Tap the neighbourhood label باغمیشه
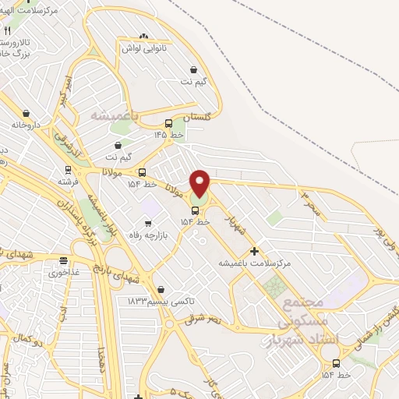click(113, 115)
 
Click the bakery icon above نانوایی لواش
click(143, 37)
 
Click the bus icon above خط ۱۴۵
click(168, 123)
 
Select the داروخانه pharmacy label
click(26, 124)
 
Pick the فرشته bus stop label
click(68, 181)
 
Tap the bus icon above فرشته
click(68, 169)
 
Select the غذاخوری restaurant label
click(64, 273)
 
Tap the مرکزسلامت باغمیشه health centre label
click(256, 263)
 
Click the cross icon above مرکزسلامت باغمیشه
click(255, 251)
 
